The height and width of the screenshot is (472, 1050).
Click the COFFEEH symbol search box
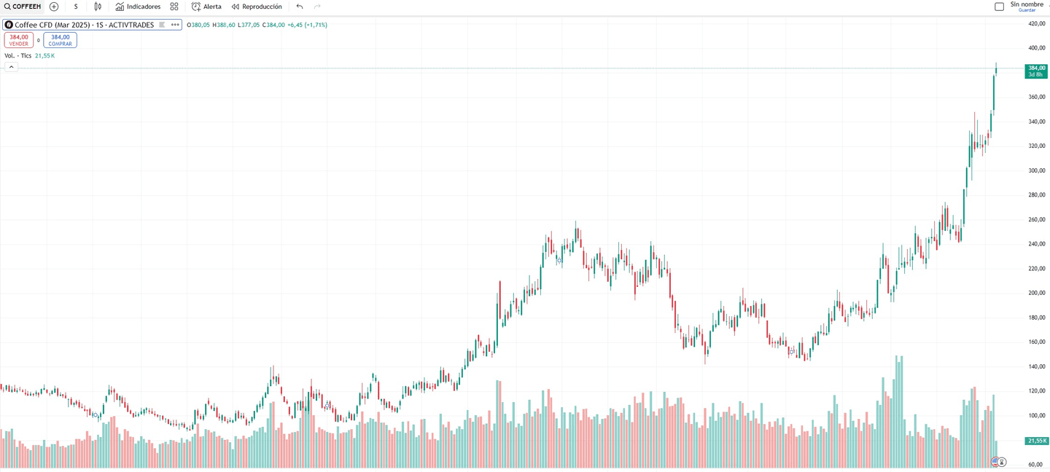tap(23, 7)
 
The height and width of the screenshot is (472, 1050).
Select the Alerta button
tap(206, 7)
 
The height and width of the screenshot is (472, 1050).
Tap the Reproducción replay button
tap(257, 7)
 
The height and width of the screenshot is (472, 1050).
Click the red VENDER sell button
tap(19, 40)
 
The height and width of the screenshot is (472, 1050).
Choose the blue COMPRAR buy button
tap(60, 40)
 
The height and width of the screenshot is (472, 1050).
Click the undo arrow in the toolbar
tap(300, 7)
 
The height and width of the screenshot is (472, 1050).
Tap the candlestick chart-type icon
tap(98, 7)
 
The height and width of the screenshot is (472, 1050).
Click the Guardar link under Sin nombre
tap(1027, 10)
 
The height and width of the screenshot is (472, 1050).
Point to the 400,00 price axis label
tap(1036, 48)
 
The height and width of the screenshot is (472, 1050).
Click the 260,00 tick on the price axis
tap(1036, 219)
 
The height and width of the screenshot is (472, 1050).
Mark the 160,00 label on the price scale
tap(1036, 342)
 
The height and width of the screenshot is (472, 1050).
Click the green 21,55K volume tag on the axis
tap(1036, 441)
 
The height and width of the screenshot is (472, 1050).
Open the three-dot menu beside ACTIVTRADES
tap(175, 25)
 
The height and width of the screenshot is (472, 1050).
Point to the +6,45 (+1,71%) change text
tap(307, 25)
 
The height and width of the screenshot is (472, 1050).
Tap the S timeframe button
tap(76, 7)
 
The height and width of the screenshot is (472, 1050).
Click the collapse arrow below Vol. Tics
tap(11, 67)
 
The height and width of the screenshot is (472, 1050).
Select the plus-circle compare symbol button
tap(54, 7)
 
